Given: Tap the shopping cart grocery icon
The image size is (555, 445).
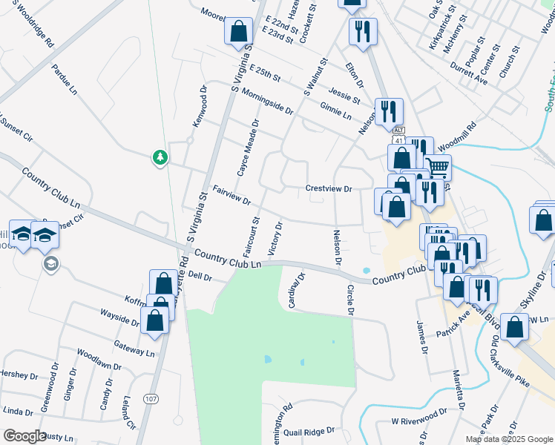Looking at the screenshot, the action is (437, 168).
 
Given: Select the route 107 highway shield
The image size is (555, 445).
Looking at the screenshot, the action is (151, 399).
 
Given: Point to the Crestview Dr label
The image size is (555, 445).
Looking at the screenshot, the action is (328, 188).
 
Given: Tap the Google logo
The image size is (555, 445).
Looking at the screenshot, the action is (25, 436).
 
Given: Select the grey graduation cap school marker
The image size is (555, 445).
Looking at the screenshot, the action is (50, 264).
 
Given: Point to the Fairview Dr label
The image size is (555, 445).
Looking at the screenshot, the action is (232, 195).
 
